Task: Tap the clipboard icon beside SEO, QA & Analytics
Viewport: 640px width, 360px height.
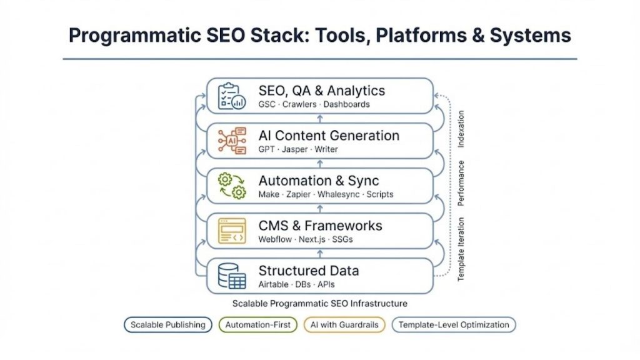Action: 231,96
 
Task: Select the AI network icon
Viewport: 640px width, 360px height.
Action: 231,141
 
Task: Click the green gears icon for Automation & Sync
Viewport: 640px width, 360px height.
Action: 231,186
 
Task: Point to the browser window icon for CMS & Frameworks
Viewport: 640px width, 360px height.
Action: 231,231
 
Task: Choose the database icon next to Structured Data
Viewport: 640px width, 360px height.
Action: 231,276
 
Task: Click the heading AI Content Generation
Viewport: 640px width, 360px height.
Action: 329,136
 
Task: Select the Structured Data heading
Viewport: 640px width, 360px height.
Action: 309,271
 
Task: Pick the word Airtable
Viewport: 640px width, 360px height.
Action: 273,284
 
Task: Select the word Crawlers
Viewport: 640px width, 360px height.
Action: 299,104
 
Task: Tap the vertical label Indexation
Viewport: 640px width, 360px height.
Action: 461,129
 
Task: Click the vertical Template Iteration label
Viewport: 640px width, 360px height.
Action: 461,249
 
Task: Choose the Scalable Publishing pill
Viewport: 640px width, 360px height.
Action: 167,324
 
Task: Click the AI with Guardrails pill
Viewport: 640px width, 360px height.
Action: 344,324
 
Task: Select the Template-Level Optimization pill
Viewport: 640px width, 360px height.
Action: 454,324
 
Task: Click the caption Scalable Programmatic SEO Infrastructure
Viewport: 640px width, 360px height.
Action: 319,304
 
